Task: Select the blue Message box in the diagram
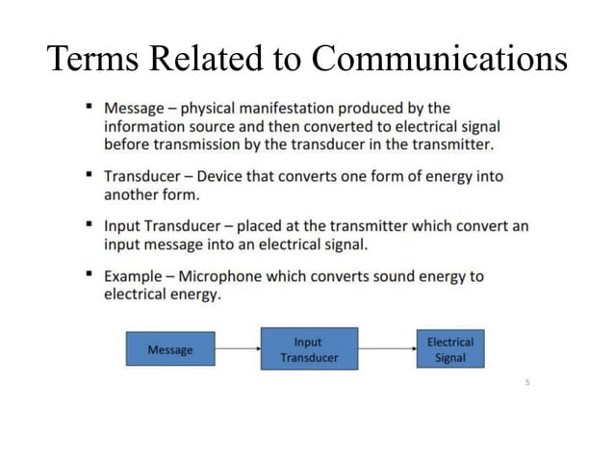coord(169,349)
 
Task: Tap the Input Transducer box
coord(308,349)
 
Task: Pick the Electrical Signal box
coord(449,349)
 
